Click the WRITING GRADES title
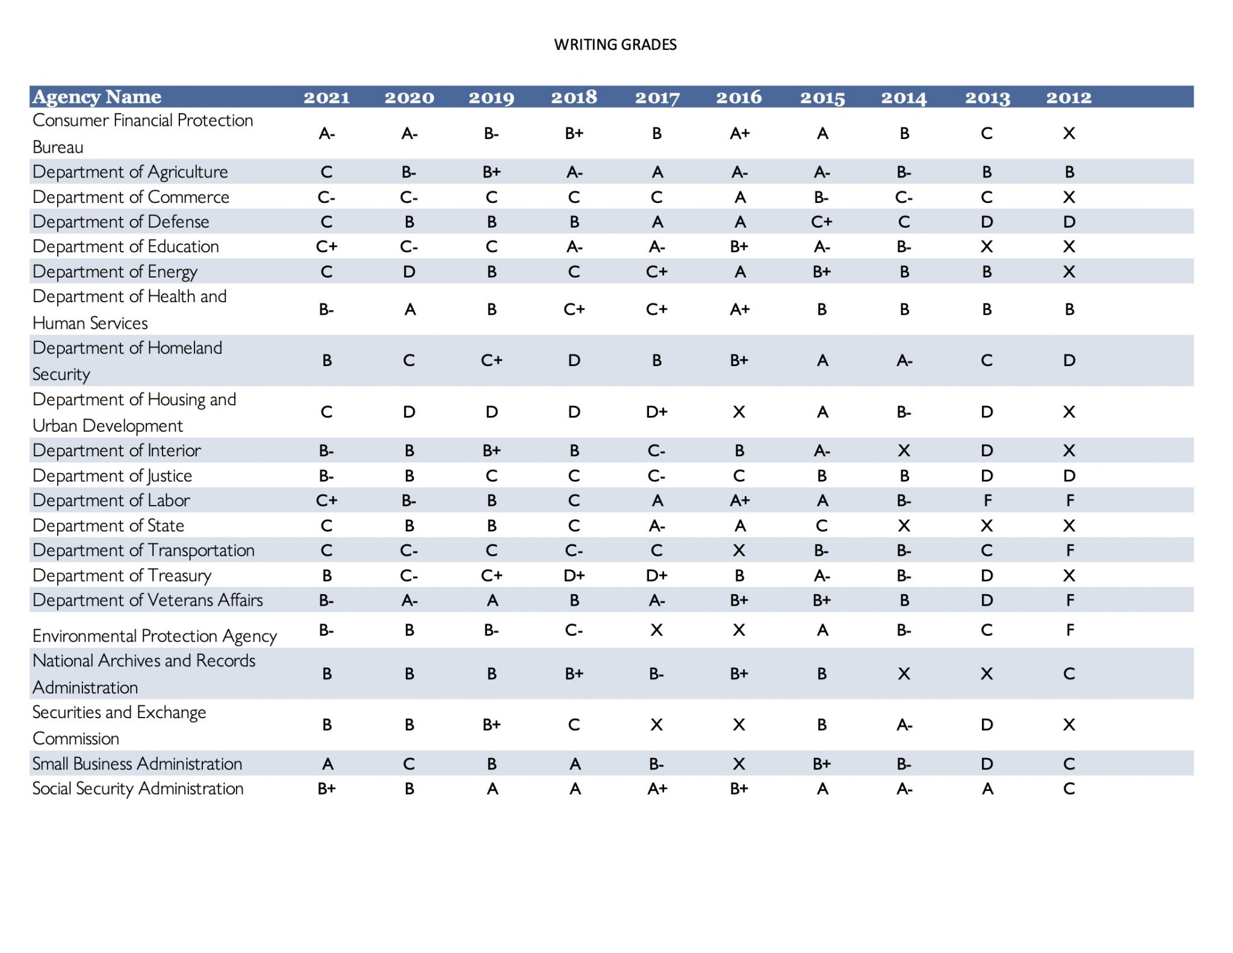(615, 45)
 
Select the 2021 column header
(326, 98)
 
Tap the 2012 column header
(1069, 98)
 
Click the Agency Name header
(97, 97)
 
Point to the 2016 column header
(739, 98)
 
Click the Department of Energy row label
(115, 272)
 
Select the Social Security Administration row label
(138, 789)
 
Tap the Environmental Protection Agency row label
(155, 636)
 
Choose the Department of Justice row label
(113, 476)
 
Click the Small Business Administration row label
(137, 764)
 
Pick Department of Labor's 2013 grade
(987, 500)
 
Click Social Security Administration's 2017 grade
(657, 789)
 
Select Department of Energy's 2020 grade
(409, 272)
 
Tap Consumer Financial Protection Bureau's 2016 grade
(739, 134)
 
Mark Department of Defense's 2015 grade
(822, 222)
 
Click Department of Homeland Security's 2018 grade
(574, 361)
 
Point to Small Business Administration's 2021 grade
(327, 764)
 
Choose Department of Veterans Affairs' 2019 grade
(492, 600)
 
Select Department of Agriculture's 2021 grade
(326, 172)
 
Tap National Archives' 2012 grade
(1069, 674)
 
